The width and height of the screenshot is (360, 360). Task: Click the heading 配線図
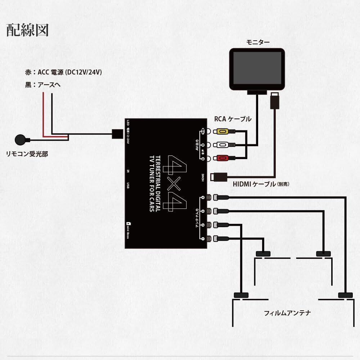27,30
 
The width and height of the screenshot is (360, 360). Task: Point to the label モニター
258,42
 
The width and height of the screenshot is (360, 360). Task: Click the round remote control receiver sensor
21,139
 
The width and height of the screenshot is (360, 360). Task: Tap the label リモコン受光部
27,154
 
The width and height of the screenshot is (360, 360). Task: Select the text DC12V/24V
83,72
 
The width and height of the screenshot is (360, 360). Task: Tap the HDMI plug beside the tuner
220,177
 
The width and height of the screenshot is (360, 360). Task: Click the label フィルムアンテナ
287,313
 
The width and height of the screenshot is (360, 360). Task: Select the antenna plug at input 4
220,197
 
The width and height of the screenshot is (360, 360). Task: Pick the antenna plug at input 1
220,238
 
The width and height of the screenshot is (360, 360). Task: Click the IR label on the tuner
129,172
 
